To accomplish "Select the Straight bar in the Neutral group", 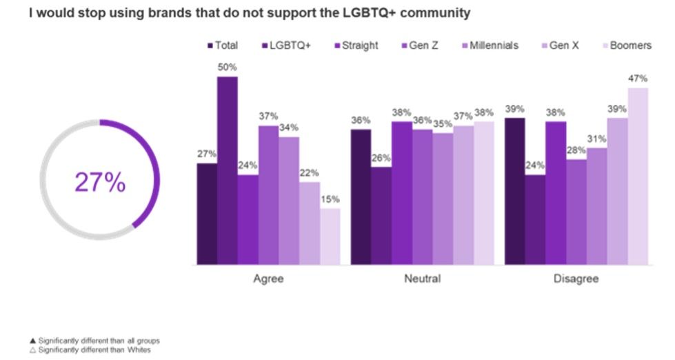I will [402, 193].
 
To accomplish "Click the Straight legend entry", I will [354, 46].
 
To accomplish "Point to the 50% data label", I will [228, 67].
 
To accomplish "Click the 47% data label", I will [638, 78].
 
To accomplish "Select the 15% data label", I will [330, 199].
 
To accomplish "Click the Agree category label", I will [268, 279].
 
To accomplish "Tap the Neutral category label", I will [422, 279].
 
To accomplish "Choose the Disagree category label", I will [576, 279].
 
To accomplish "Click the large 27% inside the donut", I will [100, 182].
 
